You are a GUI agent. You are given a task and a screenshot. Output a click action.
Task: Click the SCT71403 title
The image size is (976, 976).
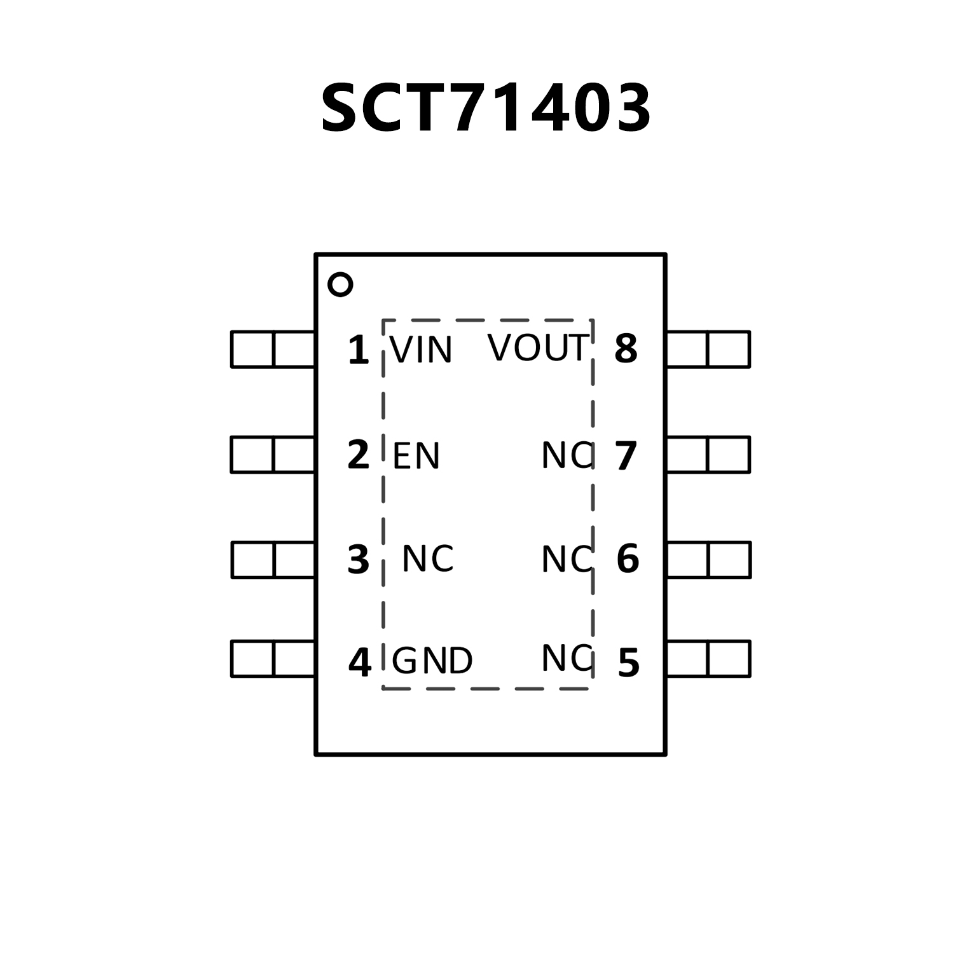[486, 108]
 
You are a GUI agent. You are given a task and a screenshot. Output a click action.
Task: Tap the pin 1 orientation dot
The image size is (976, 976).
[340, 284]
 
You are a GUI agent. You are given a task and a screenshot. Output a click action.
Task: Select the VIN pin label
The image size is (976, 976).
[421, 350]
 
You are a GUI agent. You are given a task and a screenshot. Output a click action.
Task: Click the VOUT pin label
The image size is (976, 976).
[538, 348]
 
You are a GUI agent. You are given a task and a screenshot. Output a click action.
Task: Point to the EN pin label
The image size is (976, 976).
[416, 456]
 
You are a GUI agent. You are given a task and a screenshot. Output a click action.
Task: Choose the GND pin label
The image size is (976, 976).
[432, 661]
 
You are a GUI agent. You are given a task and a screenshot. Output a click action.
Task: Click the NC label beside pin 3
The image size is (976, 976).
[428, 559]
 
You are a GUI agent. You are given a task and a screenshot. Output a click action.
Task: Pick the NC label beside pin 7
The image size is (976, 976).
[567, 455]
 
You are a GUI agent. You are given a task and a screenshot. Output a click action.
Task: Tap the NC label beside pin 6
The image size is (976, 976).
[567, 560]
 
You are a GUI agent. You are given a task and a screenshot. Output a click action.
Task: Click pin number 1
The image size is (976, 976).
[359, 350]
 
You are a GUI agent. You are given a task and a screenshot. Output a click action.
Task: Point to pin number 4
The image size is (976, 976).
[359, 662]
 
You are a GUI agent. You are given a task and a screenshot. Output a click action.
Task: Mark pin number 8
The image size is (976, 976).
[626, 348]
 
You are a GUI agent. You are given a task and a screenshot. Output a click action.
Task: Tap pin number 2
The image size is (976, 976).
[359, 455]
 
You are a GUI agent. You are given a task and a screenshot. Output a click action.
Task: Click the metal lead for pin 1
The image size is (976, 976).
[273, 349]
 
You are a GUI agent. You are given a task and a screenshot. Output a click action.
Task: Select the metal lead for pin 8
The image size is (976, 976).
[708, 349]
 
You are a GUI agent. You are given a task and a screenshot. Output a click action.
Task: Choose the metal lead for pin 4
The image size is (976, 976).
[273, 659]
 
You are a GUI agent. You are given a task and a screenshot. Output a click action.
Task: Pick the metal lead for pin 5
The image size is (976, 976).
[708, 659]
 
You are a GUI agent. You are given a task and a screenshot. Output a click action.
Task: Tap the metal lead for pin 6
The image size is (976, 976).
[708, 560]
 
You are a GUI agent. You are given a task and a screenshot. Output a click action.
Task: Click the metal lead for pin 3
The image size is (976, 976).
[273, 560]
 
